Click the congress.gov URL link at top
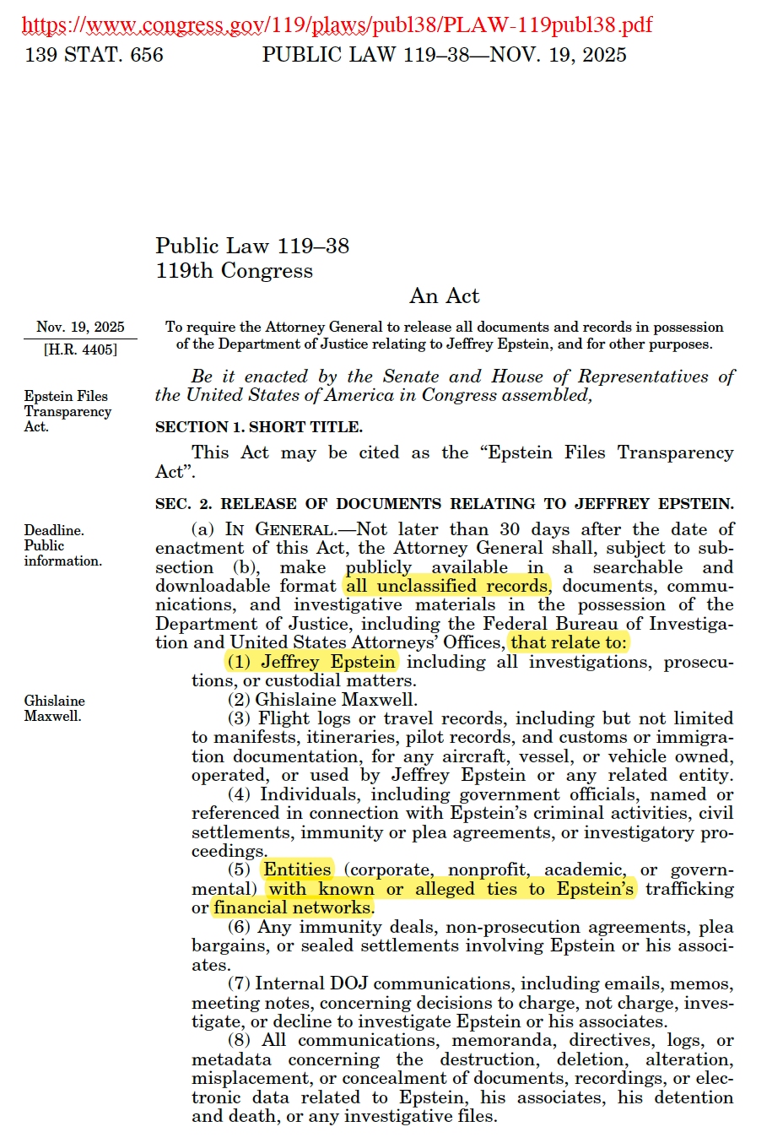point(337,24)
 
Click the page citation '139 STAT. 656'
point(94,55)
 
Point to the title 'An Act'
point(445,295)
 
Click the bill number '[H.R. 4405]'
point(80,349)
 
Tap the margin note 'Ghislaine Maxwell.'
point(54,708)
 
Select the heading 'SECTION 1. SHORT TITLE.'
point(258,427)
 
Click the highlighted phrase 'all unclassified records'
point(446,586)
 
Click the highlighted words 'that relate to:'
point(569,642)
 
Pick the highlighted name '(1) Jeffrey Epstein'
point(311,662)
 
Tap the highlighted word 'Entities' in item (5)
point(297,869)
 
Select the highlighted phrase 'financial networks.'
point(293,907)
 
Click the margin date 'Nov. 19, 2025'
point(80,327)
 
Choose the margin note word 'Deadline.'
point(54,530)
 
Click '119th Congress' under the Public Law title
point(234,271)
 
